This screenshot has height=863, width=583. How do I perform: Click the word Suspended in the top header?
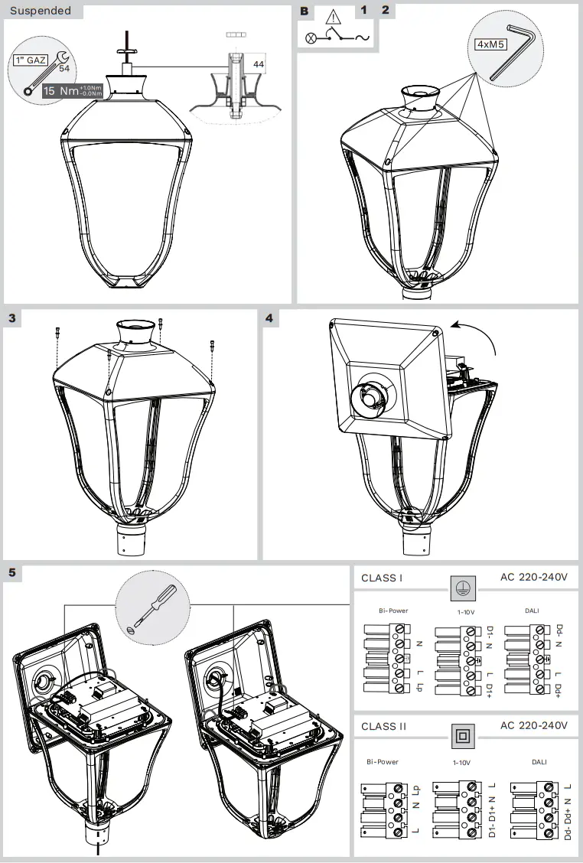tap(41, 11)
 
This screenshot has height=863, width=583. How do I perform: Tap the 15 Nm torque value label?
tap(59, 91)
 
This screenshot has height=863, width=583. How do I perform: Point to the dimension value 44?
tap(259, 65)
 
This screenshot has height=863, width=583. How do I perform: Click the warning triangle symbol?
tap(334, 17)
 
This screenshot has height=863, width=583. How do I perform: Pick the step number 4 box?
tap(270, 318)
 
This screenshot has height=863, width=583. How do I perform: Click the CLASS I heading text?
tap(381, 578)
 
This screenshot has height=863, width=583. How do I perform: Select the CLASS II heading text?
tap(383, 726)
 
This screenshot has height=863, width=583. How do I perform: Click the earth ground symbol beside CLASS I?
tap(461, 588)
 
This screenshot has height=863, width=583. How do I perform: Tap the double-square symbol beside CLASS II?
tap(461, 736)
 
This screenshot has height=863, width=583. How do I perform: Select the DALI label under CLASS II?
tap(539, 762)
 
